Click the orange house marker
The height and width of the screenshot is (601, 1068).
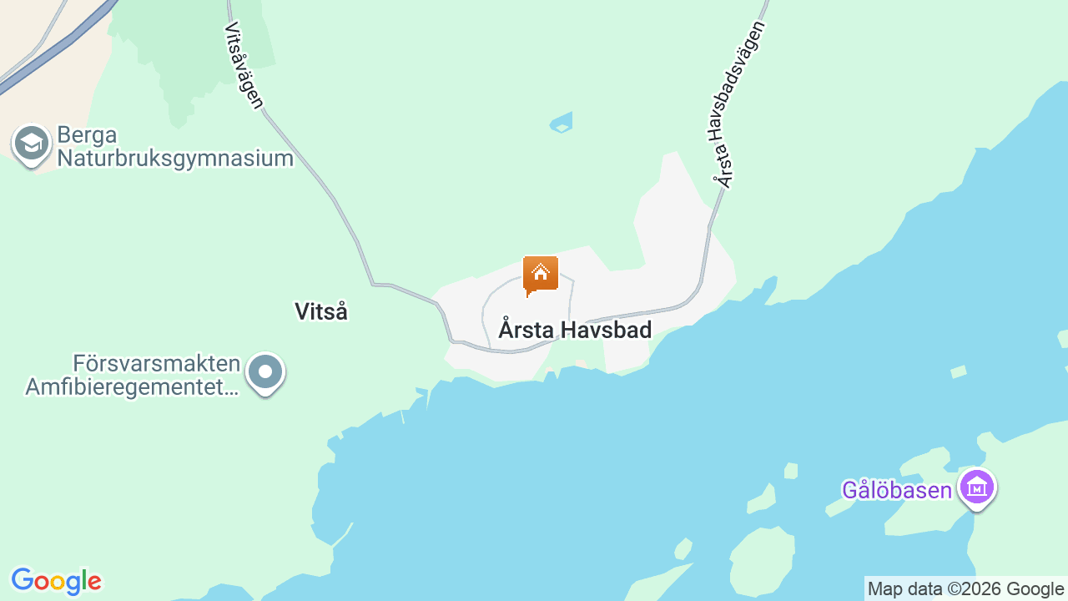click(541, 275)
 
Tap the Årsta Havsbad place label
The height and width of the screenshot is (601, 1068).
click(575, 330)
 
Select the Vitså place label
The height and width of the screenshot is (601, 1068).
click(321, 311)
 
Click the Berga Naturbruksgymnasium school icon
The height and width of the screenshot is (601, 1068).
click(32, 144)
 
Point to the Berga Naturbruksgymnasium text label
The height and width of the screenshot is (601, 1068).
click(175, 147)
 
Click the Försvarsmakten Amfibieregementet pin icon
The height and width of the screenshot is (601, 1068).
click(265, 371)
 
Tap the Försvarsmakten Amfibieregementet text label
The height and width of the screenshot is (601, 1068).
click(133, 376)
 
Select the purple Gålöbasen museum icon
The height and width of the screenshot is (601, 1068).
click(977, 487)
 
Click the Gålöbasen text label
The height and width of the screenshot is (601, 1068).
click(897, 490)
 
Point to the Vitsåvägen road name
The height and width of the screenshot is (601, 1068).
click(244, 65)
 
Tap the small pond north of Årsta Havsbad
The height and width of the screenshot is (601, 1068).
click(562, 124)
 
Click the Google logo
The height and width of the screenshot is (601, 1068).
click(56, 581)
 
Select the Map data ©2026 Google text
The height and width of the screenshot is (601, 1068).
click(965, 588)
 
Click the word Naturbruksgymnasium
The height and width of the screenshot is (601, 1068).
click(175, 158)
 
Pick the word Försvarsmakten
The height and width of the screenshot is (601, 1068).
click(157, 364)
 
